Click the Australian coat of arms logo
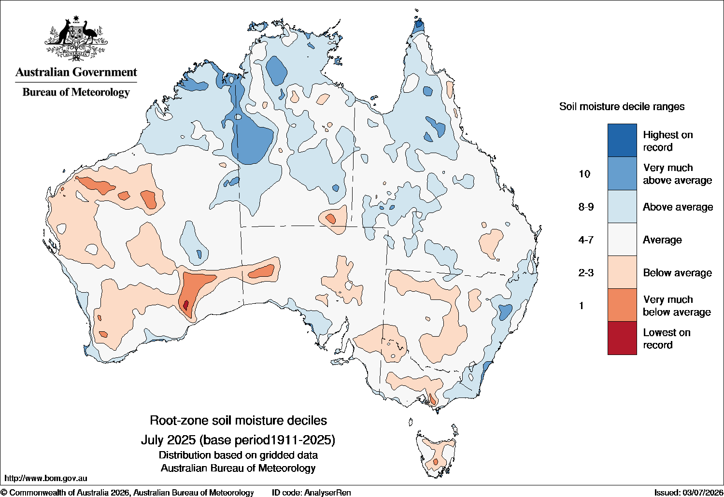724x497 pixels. (76, 38)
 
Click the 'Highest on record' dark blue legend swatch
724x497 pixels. (622, 140)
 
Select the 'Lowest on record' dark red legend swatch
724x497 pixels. (622, 338)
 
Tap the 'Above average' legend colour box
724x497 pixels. (622, 206)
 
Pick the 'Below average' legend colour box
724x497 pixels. (622, 272)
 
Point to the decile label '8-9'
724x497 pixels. (586, 207)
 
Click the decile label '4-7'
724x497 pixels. (586, 240)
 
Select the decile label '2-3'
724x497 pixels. (586, 273)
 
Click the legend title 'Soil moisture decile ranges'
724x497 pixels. (622, 107)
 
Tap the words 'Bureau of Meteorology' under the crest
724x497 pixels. (76, 92)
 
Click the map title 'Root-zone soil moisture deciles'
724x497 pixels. (238, 420)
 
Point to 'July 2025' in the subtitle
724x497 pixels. (169, 440)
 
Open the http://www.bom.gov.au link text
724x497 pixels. (45, 478)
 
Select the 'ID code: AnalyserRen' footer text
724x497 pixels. (311, 493)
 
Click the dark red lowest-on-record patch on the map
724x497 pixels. (186, 305)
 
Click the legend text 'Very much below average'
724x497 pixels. (677, 306)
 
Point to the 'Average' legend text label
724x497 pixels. (662, 240)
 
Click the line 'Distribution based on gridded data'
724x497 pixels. (238, 455)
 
